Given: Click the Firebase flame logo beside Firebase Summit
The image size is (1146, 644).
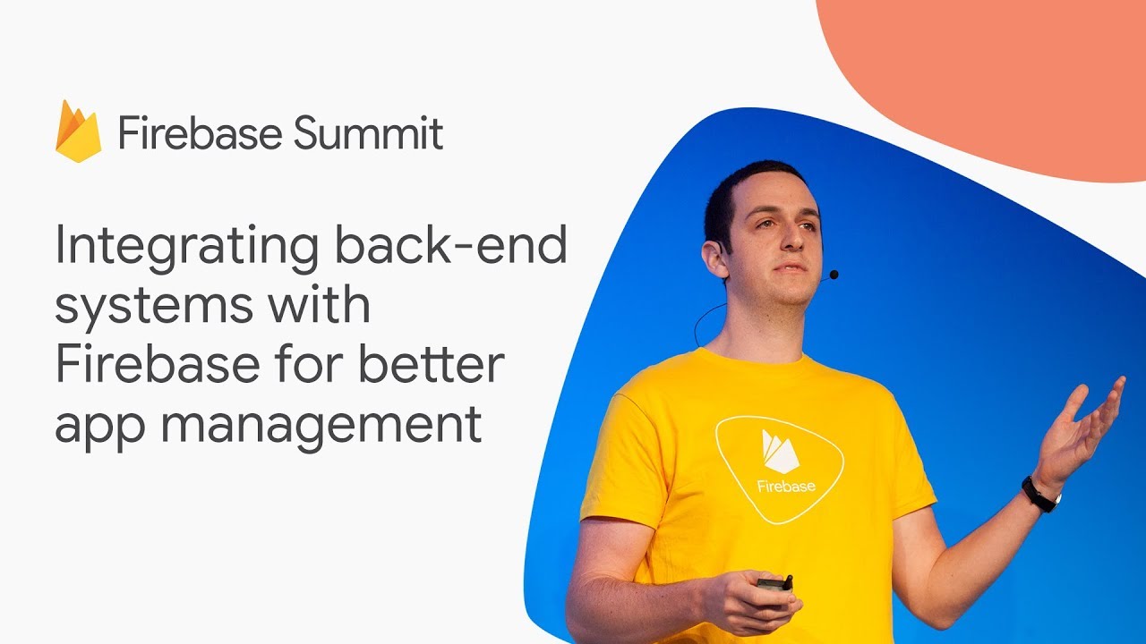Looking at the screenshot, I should pyautogui.click(x=78, y=131).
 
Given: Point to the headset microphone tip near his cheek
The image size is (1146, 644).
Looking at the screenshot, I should pyautogui.click(x=834, y=275).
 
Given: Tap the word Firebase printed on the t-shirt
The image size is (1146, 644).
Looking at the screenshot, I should pyautogui.click(x=786, y=486).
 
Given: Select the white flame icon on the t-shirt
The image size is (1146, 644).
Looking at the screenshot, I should pyautogui.click(x=779, y=452).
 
